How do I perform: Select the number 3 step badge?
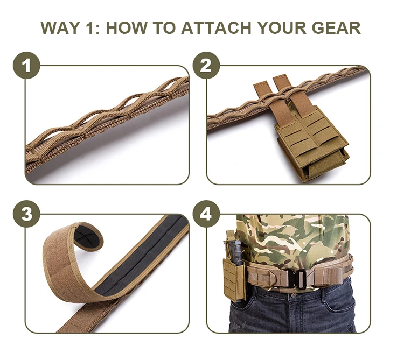(26, 214)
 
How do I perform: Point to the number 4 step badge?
(206, 214)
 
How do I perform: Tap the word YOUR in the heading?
(286, 27)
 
